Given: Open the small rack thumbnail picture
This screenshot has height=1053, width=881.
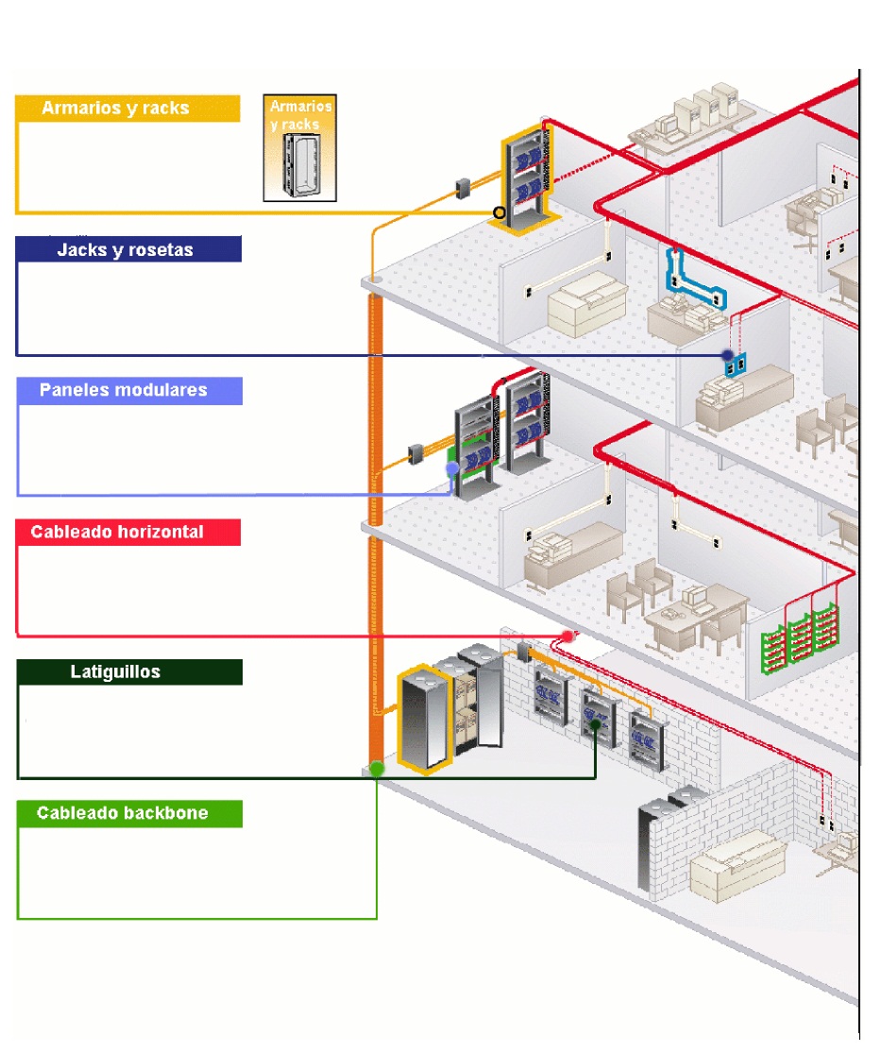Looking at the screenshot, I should click(300, 147).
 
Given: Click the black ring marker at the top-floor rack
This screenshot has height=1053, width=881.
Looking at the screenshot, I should click(500, 212).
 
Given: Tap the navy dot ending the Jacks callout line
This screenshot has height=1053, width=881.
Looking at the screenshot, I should click(727, 355).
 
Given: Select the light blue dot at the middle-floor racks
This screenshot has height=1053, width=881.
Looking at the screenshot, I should click(452, 467).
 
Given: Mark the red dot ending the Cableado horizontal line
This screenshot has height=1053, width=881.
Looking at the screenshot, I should click(568, 636).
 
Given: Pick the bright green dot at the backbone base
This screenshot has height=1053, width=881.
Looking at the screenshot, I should click(377, 769).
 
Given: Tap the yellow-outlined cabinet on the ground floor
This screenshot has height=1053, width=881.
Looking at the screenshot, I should click(421, 718).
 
